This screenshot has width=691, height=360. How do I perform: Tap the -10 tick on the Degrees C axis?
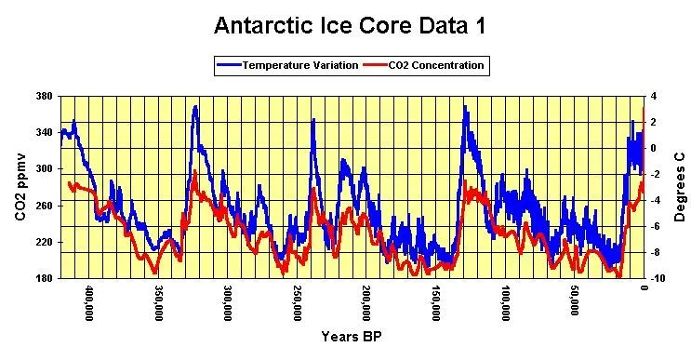[658, 278]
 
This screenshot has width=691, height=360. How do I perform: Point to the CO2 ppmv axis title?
[20, 187]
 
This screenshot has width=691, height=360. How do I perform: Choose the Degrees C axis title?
[680, 187]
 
